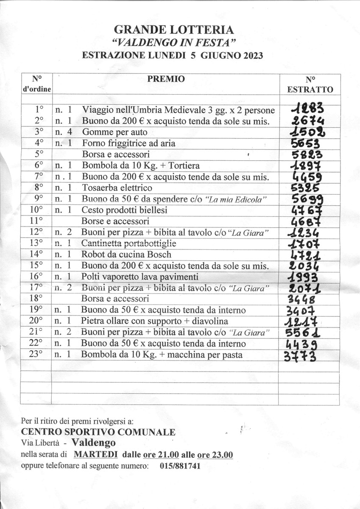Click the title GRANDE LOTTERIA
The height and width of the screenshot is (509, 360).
click(173, 30)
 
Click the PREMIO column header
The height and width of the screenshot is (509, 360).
click(166, 79)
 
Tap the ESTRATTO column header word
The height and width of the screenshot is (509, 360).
click(310, 89)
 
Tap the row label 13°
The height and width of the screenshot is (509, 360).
click(38, 243)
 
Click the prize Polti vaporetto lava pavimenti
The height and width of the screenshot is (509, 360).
click(140, 277)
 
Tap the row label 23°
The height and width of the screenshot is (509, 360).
click(38, 355)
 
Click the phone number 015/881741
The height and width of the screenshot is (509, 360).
click(180, 466)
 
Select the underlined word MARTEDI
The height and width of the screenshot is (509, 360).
click(95, 455)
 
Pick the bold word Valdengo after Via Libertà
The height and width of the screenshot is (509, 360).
click(93, 443)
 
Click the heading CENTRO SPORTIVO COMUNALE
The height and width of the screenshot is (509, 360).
click(98, 432)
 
